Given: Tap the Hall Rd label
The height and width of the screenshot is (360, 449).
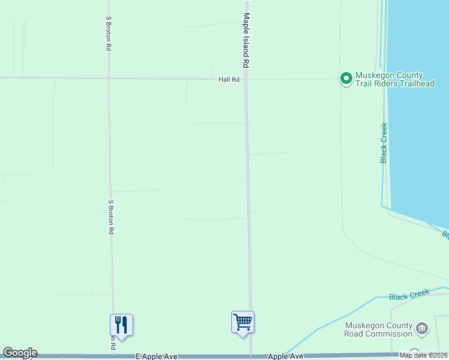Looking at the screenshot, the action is (229, 79).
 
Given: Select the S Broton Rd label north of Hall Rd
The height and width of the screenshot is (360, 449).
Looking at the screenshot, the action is (108, 33).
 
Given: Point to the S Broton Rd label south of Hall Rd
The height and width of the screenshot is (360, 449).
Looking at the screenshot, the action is (111, 217).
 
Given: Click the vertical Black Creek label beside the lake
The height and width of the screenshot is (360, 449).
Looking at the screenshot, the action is (384, 143).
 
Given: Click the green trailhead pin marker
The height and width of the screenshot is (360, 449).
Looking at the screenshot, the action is (346, 78).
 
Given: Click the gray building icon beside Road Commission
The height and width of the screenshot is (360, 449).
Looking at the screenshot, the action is (422, 329).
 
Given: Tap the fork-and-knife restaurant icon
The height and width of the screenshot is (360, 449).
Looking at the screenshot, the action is (121, 325).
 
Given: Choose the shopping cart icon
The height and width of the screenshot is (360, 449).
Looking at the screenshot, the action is (243, 322).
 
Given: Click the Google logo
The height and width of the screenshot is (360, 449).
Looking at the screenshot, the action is (20, 353).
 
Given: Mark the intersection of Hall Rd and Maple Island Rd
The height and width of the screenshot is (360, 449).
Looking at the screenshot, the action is (246, 79).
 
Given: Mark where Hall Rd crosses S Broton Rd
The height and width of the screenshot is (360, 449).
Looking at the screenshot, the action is (109, 78).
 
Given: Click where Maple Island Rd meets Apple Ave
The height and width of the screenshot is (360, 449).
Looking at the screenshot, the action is (250, 356).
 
